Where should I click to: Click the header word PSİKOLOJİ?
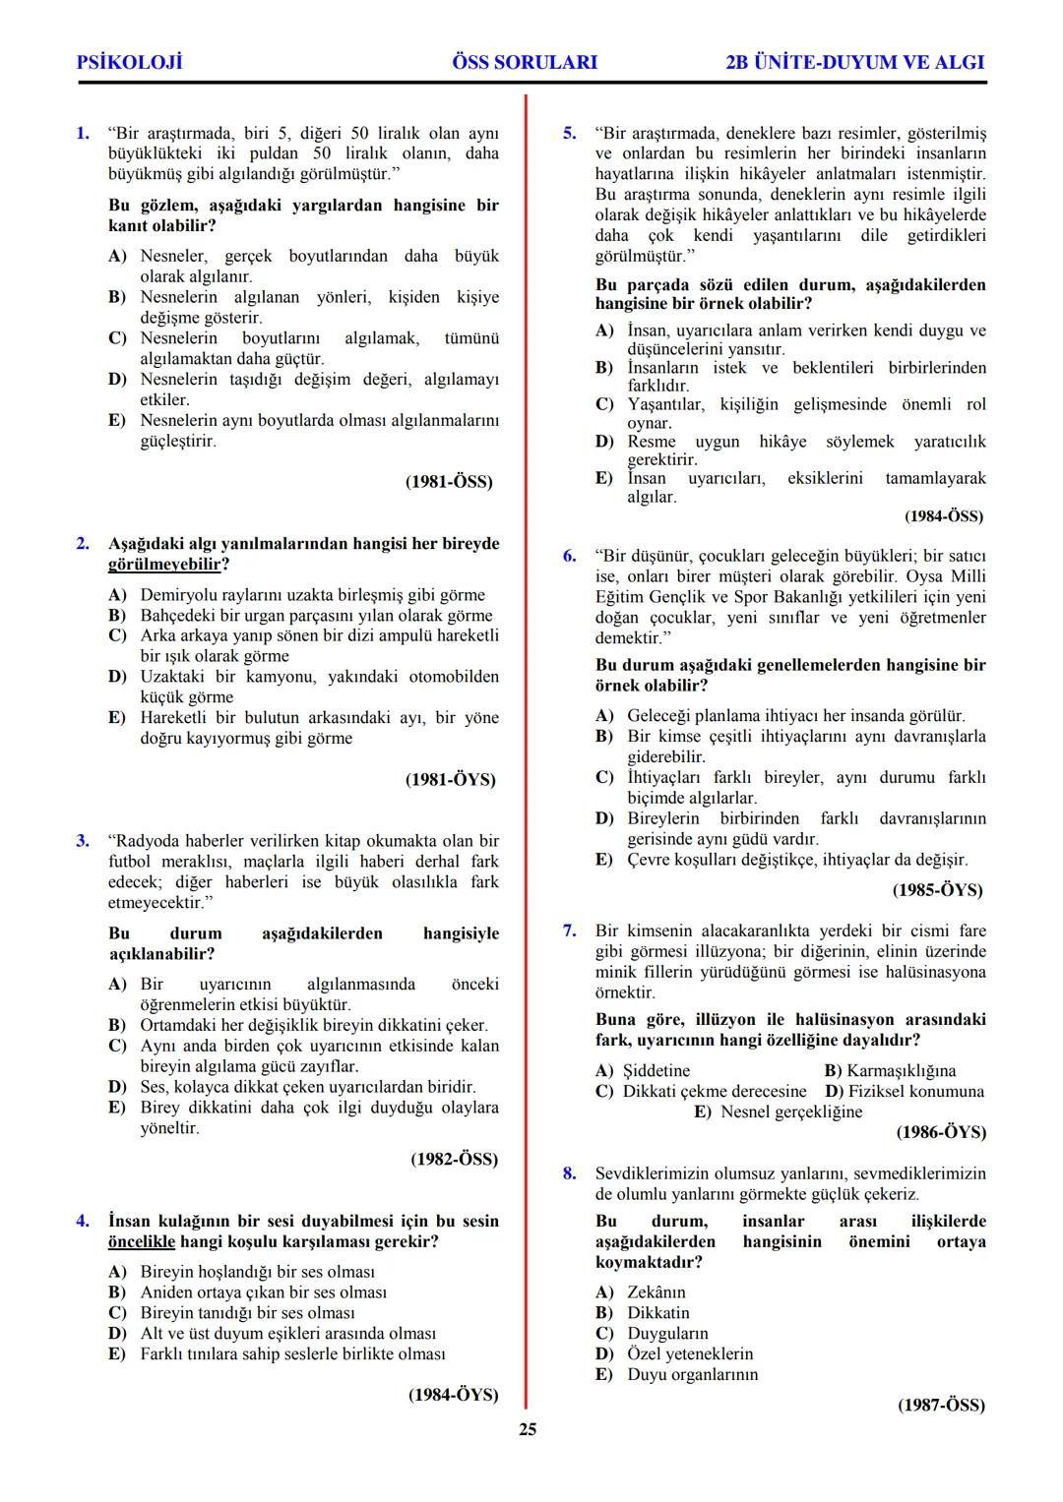click(129, 62)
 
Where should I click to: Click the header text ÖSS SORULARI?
click(525, 62)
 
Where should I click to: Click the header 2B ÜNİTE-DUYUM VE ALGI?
click(854, 62)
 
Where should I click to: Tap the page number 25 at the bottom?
click(528, 1429)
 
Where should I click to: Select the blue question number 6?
click(569, 556)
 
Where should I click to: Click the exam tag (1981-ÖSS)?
click(449, 482)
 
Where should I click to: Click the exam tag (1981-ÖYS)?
click(451, 780)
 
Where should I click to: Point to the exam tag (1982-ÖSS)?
click(454, 1160)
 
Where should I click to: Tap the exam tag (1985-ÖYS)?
click(937, 890)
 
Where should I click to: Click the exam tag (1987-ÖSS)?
click(941, 1406)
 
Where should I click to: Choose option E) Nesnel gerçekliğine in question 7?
click(779, 1111)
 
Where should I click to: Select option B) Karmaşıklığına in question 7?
click(890, 1070)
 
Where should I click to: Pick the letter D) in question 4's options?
click(117, 1334)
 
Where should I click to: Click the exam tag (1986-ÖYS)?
click(941, 1133)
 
